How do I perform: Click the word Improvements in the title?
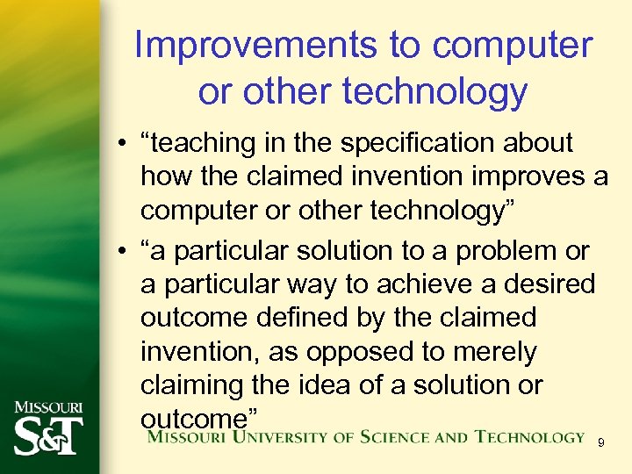pyautogui.click(x=239, y=46)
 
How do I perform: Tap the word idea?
pyautogui.click(x=321, y=385)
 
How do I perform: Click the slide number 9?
pyautogui.click(x=600, y=442)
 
